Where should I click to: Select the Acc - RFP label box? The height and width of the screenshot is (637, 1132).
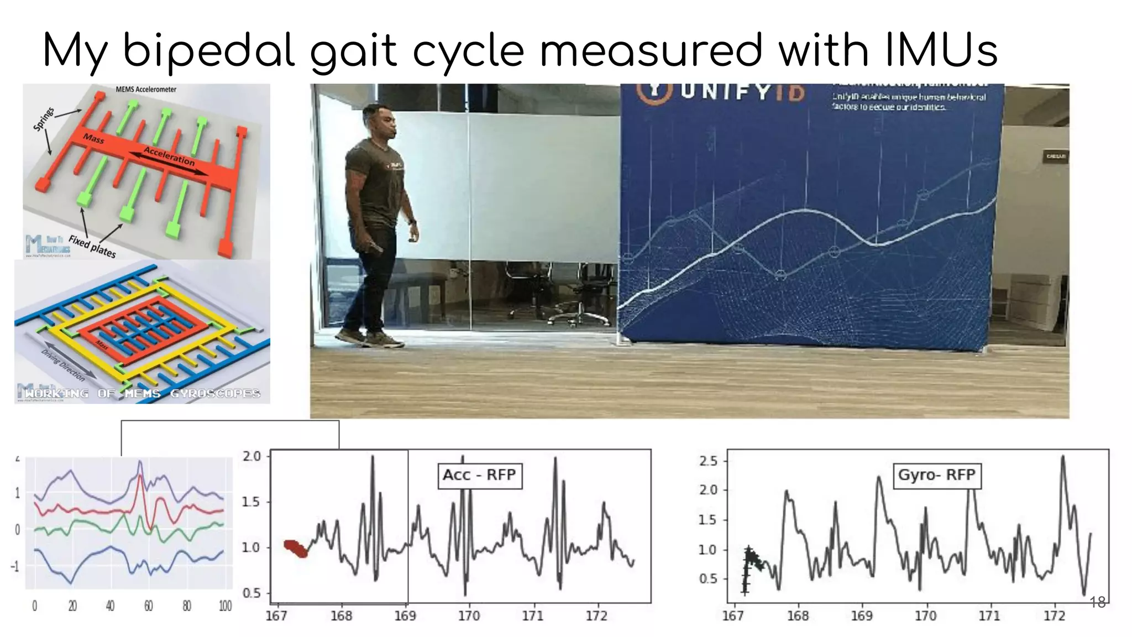pyautogui.click(x=479, y=475)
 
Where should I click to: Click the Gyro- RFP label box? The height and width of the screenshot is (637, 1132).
pyautogui.click(x=936, y=475)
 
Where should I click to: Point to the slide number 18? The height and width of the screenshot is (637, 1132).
pyautogui.click(x=1097, y=602)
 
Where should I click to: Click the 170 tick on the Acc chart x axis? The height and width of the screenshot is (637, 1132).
pyautogui.click(x=469, y=616)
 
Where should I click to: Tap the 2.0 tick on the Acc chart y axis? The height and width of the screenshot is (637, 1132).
pyautogui.click(x=252, y=457)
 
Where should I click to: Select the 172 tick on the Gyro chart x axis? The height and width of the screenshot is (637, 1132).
pyautogui.click(x=1054, y=616)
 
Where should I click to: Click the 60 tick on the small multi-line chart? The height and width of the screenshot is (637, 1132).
pyautogui.click(x=149, y=607)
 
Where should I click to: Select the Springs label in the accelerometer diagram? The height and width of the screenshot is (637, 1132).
pyautogui.click(x=44, y=119)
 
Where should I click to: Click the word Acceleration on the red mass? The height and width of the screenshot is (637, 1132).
pyautogui.click(x=169, y=156)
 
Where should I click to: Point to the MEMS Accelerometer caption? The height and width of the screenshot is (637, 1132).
pyautogui.click(x=146, y=89)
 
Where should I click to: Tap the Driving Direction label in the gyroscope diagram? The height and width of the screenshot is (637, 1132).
pyautogui.click(x=64, y=366)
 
